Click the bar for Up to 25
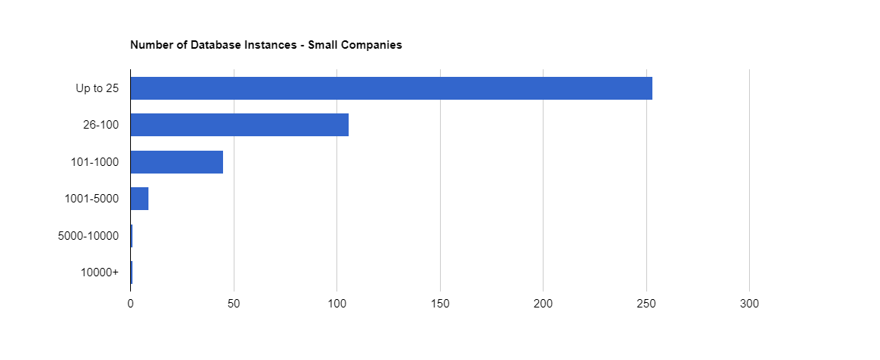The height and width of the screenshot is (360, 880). [x=391, y=88]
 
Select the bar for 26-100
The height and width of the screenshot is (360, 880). [x=240, y=125]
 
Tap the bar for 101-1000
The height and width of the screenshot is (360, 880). [x=177, y=162]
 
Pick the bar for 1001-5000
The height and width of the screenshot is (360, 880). [x=139, y=199]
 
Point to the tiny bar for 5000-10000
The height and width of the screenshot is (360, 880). [x=132, y=236]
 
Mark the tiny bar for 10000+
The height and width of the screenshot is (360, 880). [x=132, y=272]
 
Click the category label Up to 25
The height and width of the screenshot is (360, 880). [x=97, y=88]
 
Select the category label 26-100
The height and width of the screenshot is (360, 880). [x=100, y=125]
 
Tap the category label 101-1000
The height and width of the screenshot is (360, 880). [x=94, y=162]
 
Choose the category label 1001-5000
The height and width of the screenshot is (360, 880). [x=91, y=199]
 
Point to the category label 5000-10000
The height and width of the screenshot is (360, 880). [x=88, y=236]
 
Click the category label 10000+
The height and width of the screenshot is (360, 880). [x=100, y=272]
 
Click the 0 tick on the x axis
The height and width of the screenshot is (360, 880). [x=131, y=304]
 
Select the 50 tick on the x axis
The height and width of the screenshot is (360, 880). [x=234, y=304]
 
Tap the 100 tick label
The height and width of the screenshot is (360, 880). [x=337, y=304]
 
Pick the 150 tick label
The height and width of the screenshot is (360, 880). [x=440, y=304]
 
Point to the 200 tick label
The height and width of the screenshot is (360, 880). [x=544, y=304]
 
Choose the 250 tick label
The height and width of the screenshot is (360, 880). [x=646, y=304]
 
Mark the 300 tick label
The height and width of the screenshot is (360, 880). [x=750, y=304]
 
